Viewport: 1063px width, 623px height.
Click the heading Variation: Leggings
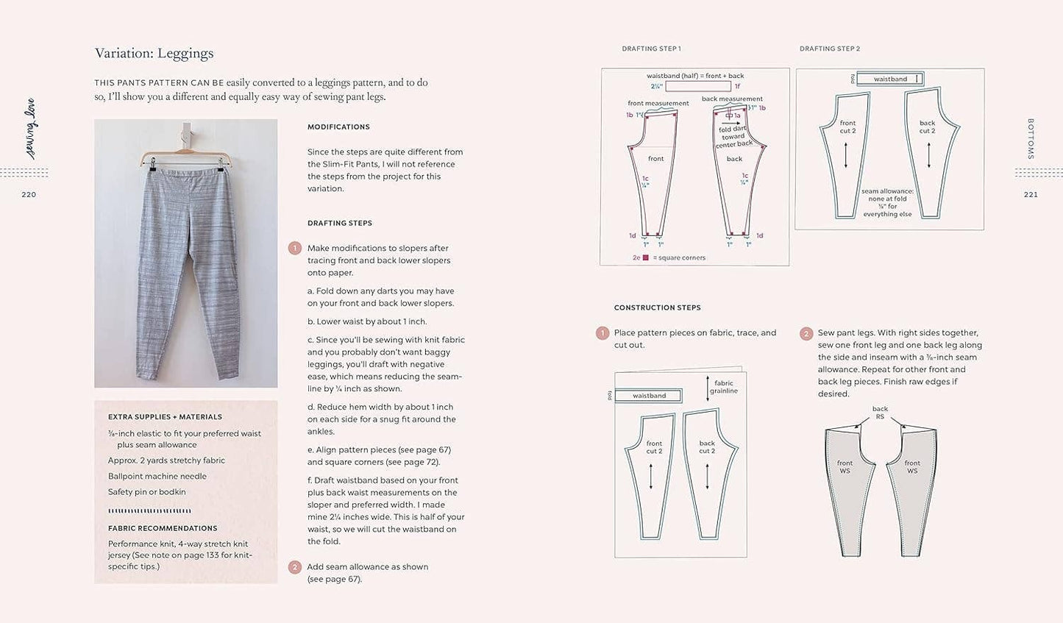pos(154,54)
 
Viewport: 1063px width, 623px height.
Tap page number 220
pos(29,195)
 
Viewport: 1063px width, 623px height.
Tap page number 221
pos(1030,195)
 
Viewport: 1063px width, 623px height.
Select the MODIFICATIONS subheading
pos(338,127)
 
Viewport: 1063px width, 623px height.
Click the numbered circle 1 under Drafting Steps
pos(295,249)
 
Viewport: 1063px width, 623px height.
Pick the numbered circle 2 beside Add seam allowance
pos(295,567)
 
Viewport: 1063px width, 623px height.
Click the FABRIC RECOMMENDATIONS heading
pos(163,528)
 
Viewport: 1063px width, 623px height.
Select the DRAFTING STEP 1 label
pos(651,49)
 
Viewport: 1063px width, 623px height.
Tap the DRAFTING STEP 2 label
pos(830,49)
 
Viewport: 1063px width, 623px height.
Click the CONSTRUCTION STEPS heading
pos(657,307)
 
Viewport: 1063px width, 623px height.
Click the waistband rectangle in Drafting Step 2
pos(890,79)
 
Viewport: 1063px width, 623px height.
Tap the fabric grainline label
pos(723,387)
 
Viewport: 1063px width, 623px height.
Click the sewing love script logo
pos(30,129)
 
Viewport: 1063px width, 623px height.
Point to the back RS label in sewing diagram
pos(880,413)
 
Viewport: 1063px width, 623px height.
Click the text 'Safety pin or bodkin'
pos(146,492)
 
